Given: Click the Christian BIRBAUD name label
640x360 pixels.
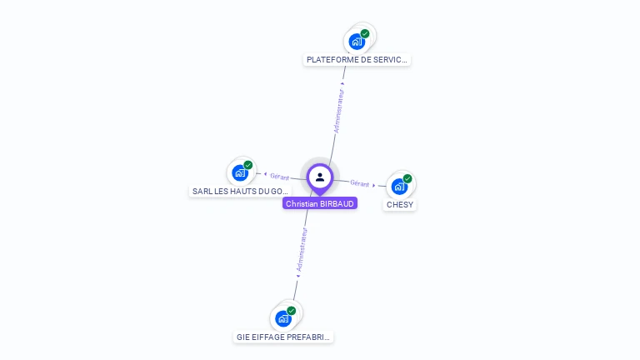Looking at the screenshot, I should click(x=320, y=203).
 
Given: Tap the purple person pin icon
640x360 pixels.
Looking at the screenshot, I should click(x=320, y=177).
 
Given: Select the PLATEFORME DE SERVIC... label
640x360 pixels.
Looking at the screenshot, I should click(x=357, y=60).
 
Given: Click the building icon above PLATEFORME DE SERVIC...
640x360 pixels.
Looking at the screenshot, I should click(x=357, y=41).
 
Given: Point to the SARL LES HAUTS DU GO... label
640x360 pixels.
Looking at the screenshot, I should click(x=241, y=192).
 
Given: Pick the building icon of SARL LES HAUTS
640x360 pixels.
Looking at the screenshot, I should click(x=241, y=172).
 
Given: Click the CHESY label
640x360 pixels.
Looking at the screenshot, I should click(x=400, y=205).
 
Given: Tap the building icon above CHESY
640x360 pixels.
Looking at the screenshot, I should click(x=400, y=186).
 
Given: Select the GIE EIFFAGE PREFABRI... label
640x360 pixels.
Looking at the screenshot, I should click(x=284, y=337).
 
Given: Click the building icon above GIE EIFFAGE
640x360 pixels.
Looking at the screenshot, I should click(x=284, y=318).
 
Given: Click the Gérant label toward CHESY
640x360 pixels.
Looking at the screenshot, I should click(x=360, y=183).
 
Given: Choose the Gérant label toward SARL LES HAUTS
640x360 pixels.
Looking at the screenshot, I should click(x=279, y=177).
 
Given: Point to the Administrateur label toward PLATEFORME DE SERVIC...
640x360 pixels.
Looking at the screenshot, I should click(x=338, y=111).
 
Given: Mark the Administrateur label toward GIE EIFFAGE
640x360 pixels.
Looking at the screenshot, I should click(x=302, y=251).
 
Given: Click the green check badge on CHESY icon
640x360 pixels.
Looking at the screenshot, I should click(x=407, y=178).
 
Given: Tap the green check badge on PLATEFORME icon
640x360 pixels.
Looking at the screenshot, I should click(x=365, y=33).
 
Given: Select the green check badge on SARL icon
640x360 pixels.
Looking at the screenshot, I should click(x=248, y=165).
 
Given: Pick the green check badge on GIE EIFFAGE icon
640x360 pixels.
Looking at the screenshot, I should click(x=292, y=311).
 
